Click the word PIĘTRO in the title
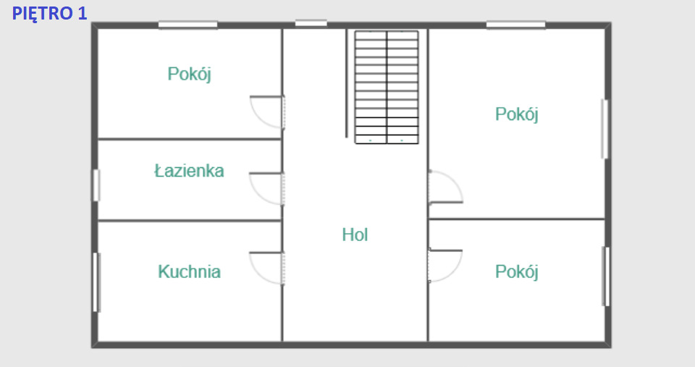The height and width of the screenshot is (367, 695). pos(43,13)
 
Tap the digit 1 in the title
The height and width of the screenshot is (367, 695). pos(83,13)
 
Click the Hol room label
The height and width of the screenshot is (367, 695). pos(355,235)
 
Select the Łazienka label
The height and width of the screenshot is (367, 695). pos(189,171)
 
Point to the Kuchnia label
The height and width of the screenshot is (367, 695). pos(189,271)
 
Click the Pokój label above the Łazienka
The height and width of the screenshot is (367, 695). pos(189,74)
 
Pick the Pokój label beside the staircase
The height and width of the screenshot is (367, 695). pos(517,114)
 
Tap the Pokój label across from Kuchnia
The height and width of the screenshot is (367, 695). pos(517,271)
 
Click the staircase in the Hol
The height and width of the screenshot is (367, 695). pos(387,87)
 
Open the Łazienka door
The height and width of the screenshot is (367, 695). pos(266,189)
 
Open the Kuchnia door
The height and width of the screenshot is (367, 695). pos(266,269)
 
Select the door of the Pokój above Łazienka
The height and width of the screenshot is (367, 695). pos(267,112)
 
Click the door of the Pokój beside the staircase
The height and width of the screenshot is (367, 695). pos(446,187)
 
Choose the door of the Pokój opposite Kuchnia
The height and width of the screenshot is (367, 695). pos(445,266)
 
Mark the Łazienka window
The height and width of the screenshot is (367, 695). pos(96,185)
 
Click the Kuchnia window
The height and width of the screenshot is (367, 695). pos(96,282)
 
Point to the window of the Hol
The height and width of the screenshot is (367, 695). pos(311,23)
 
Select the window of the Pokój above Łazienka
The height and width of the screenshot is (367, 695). pos(188,25)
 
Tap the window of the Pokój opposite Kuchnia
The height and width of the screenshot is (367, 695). pos(605,276)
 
